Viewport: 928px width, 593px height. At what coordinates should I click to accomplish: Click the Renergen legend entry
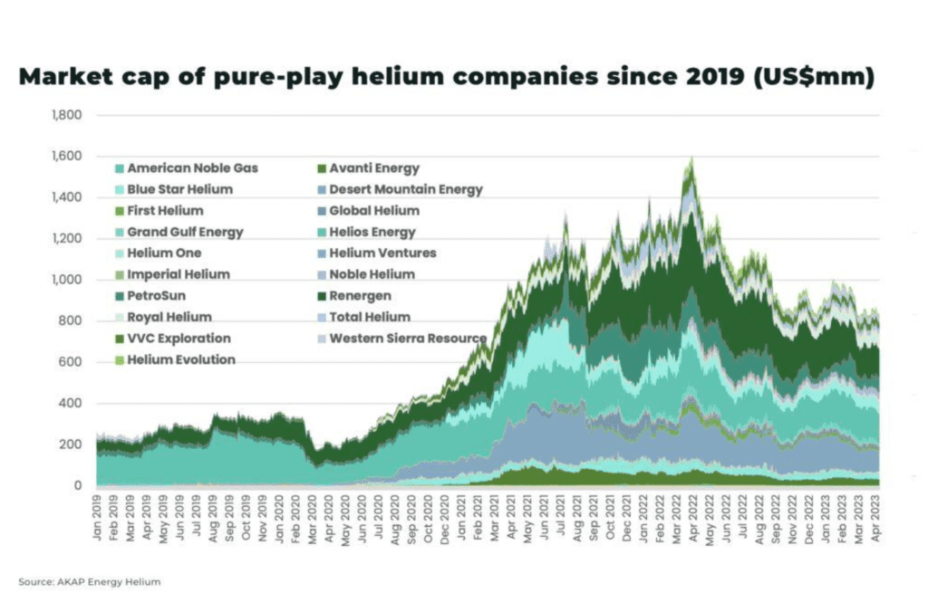tap(362, 295)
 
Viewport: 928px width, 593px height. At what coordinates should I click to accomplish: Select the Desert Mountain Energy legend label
tap(405, 189)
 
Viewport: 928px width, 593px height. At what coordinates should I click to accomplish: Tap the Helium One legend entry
tap(164, 253)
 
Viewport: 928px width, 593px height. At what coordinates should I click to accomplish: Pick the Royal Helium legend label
tap(169, 317)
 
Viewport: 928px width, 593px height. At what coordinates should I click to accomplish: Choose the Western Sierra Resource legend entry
tap(407, 339)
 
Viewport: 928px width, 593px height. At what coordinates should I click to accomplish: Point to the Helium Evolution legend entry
tap(181, 359)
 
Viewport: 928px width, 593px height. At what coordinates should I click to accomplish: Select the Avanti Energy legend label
tap(373, 168)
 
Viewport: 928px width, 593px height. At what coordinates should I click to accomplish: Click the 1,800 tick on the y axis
tap(69, 115)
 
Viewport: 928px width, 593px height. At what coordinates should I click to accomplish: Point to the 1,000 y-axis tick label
tap(69, 280)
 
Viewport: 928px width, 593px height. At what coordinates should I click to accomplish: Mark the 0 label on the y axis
tap(79, 486)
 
